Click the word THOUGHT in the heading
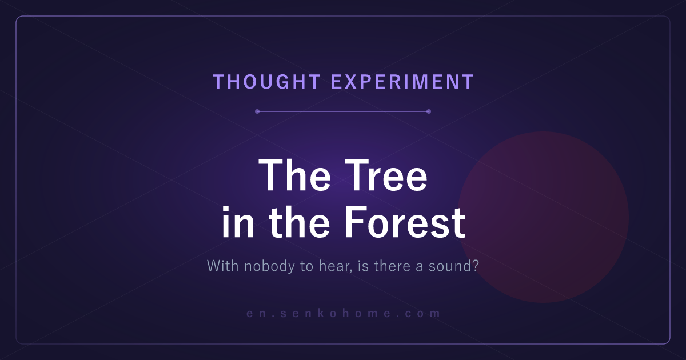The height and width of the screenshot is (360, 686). click(x=267, y=82)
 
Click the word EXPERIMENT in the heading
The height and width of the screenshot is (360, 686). click(x=402, y=82)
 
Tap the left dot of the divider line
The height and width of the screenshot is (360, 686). click(x=257, y=111)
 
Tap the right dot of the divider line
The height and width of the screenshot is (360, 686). click(x=429, y=111)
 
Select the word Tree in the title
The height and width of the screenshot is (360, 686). click(x=385, y=175)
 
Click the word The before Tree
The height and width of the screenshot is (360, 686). click(x=294, y=175)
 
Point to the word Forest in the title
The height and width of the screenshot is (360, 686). click(x=405, y=222)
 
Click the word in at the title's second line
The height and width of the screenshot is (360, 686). click(x=238, y=222)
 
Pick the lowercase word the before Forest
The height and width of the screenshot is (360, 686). click(x=299, y=222)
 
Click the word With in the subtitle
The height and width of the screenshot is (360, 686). click(x=222, y=266)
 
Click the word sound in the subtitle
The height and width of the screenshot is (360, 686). click(x=450, y=266)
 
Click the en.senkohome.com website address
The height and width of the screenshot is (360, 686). click(x=343, y=313)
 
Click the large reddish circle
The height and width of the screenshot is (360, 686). click(x=543, y=217)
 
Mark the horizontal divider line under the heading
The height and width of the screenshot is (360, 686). click(x=343, y=111)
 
